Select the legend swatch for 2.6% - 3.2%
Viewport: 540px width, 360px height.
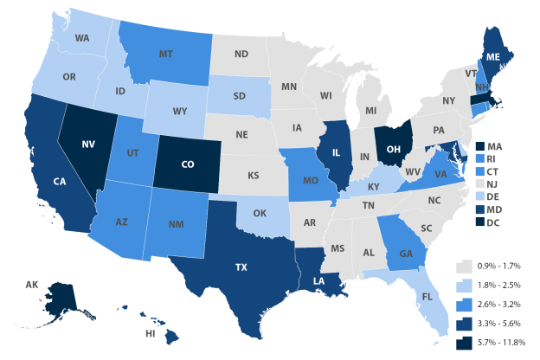465,305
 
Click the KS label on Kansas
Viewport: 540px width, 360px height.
253,176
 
